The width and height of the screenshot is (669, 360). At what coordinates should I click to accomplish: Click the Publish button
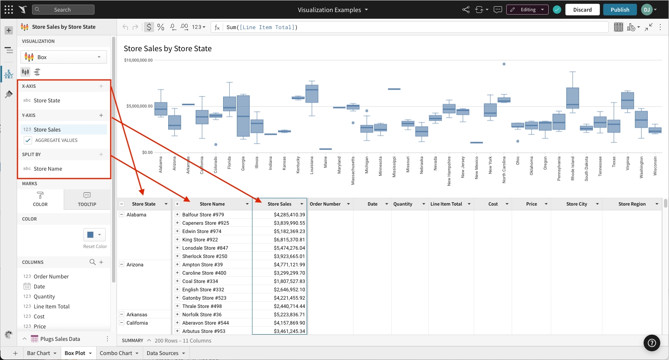(619, 10)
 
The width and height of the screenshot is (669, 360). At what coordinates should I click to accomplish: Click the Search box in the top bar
(63, 10)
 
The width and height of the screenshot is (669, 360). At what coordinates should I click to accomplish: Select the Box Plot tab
(75, 353)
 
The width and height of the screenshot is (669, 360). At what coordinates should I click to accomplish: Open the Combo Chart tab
(116, 353)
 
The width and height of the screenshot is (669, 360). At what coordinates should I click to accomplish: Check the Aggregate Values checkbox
(28, 140)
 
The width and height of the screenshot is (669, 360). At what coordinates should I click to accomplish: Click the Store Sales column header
(279, 204)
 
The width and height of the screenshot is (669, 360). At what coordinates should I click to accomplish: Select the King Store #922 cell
(200, 240)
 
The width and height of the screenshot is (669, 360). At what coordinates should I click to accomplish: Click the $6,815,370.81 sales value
(289, 240)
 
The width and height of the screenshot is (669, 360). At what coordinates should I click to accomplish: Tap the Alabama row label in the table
(137, 215)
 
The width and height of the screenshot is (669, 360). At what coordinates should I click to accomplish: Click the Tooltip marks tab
(87, 199)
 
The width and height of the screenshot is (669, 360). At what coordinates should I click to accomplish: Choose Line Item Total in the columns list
(52, 306)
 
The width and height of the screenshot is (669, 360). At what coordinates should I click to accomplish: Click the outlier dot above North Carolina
(504, 64)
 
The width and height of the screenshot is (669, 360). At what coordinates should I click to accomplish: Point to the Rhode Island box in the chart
(573, 98)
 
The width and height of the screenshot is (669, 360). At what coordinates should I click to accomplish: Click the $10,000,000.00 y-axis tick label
(138, 60)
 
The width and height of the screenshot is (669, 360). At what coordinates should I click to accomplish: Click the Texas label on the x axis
(614, 162)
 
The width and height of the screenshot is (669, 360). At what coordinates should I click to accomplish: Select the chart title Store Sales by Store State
(167, 49)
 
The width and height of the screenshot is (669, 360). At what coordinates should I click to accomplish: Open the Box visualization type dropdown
(64, 57)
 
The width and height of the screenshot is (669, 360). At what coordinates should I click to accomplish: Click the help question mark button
(652, 343)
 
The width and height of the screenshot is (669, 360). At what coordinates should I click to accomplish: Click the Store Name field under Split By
(48, 169)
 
